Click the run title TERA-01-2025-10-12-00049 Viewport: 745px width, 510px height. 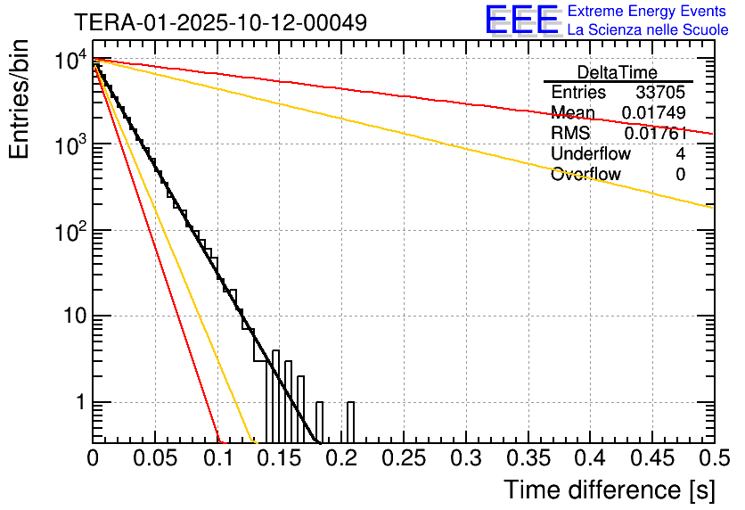[220, 23]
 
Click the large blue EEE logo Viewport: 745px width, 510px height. [522, 20]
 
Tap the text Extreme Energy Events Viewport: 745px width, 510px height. [648, 12]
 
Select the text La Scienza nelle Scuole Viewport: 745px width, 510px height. [648, 30]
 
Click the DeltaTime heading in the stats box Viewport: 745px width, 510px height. [618, 72]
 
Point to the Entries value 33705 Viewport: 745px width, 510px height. [660, 93]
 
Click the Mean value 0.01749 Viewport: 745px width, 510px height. [653, 113]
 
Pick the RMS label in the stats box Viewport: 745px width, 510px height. [571, 134]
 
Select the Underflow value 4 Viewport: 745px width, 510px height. [680, 154]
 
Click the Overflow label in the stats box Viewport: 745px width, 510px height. [585, 175]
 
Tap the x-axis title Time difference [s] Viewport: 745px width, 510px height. [609, 489]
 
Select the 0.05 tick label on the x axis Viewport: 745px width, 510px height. [155, 458]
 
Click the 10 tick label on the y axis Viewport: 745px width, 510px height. [70, 317]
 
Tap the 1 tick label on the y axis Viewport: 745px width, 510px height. [78, 403]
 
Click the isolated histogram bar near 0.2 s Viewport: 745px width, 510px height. [350, 422]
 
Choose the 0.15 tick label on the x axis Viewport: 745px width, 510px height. [279, 458]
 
